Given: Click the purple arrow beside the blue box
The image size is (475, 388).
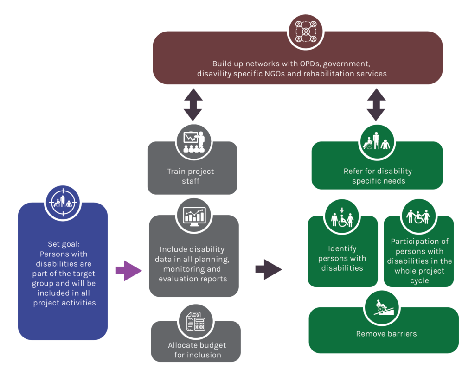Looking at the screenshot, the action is (128, 271).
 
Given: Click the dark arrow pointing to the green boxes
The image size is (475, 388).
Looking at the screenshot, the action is (269, 269).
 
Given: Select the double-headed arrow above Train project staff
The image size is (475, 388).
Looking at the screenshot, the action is (193, 105).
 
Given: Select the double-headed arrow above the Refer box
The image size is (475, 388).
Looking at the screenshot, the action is (376, 105).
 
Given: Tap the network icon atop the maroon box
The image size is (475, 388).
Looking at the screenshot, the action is (306, 32).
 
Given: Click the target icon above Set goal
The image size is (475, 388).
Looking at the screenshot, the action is (63, 203).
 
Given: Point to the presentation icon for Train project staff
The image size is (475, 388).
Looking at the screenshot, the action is (194, 142).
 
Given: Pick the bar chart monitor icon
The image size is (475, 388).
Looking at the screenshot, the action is (194, 216).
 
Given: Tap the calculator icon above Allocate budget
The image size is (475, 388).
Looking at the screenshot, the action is (196, 321).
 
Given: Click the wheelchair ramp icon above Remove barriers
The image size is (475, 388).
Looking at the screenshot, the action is (382, 308).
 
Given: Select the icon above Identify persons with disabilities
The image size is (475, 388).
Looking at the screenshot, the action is (342, 216).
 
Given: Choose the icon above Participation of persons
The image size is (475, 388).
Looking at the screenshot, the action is (418, 216).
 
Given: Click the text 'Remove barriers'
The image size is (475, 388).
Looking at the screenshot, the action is (386, 334).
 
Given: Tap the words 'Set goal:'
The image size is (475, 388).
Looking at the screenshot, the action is (64, 244).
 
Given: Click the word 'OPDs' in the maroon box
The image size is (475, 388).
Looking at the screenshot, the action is (310, 64).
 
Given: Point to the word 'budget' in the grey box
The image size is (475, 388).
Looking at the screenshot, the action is (213, 346).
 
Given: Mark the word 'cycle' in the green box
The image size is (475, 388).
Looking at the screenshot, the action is (419, 281).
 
